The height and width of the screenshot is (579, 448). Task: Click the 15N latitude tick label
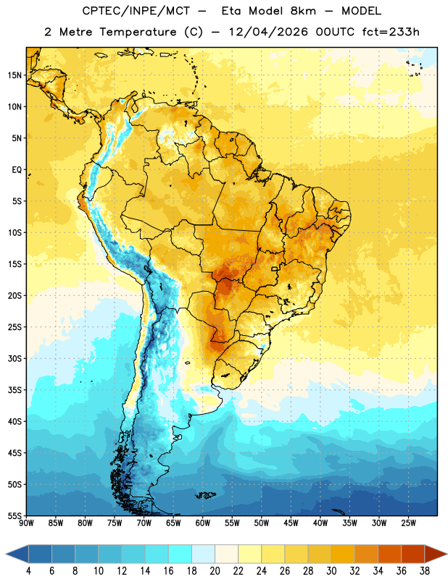click(x=14, y=75)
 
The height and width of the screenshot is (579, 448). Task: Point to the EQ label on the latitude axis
click(x=17, y=170)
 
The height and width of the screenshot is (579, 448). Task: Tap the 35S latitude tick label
click(x=14, y=390)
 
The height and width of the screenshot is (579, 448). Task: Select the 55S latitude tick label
click(x=14, y=515)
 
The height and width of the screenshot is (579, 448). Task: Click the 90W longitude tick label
click(x=26, y=523)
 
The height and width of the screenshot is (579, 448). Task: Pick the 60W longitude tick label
click(x=203, y=523)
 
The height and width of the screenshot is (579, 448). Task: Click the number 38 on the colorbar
click(x=425, y=571)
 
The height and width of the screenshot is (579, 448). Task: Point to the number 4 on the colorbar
click(x=28, y=571)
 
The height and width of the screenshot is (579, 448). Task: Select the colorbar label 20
click(x=215, y=571)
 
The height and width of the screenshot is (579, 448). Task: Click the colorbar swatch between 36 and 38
click(x=413, y=554)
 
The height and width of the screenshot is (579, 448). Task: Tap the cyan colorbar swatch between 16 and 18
click(x=180, y=554)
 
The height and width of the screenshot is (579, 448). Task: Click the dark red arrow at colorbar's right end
click(x=435, y=554)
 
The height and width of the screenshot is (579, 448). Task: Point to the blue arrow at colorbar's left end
click(x=17, y=554)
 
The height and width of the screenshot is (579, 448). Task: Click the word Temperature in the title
click(x=138, y=32)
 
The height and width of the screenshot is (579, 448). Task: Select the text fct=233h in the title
click(x=391, y=32)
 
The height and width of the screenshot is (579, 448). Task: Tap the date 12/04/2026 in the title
click(x=267, y=32)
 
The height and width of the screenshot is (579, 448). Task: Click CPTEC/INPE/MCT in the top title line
click(x=136, y=11)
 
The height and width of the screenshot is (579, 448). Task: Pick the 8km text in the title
click(x=303, y=11)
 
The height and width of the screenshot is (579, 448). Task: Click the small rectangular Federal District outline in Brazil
click(x=275, y=269)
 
